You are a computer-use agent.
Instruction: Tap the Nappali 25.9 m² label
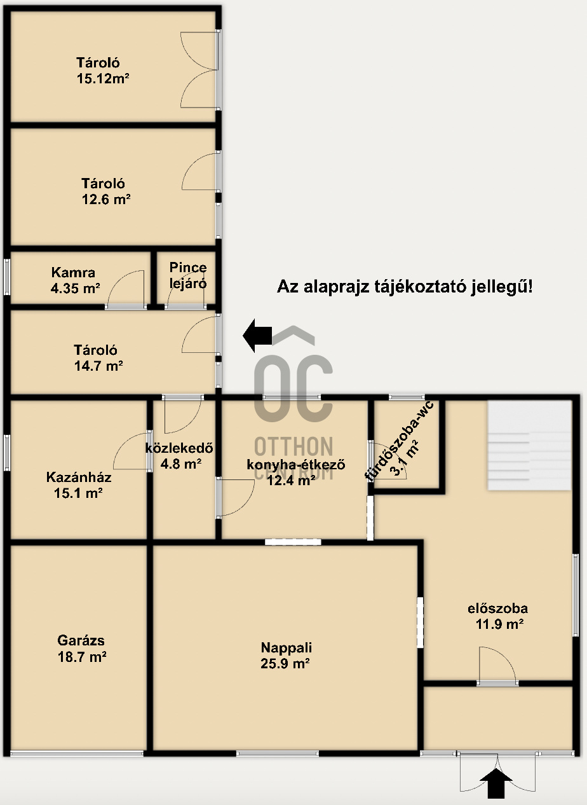(286, 656)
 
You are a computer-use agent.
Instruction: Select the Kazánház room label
(79, 478)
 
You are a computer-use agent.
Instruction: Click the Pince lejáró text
(188, 275)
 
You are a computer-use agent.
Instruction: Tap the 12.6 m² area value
(106, 199)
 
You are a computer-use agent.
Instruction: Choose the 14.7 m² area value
(98, 366)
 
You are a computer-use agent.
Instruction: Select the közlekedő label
(179, 448)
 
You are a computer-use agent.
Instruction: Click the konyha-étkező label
(296, 464)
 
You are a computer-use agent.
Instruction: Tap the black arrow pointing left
(258, 335)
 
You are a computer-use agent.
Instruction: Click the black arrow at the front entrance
(497, 783)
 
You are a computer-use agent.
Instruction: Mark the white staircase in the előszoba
(529, 445)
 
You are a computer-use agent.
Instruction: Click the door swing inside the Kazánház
(132, 451)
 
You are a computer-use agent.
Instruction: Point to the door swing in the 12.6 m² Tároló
(199, 172)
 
